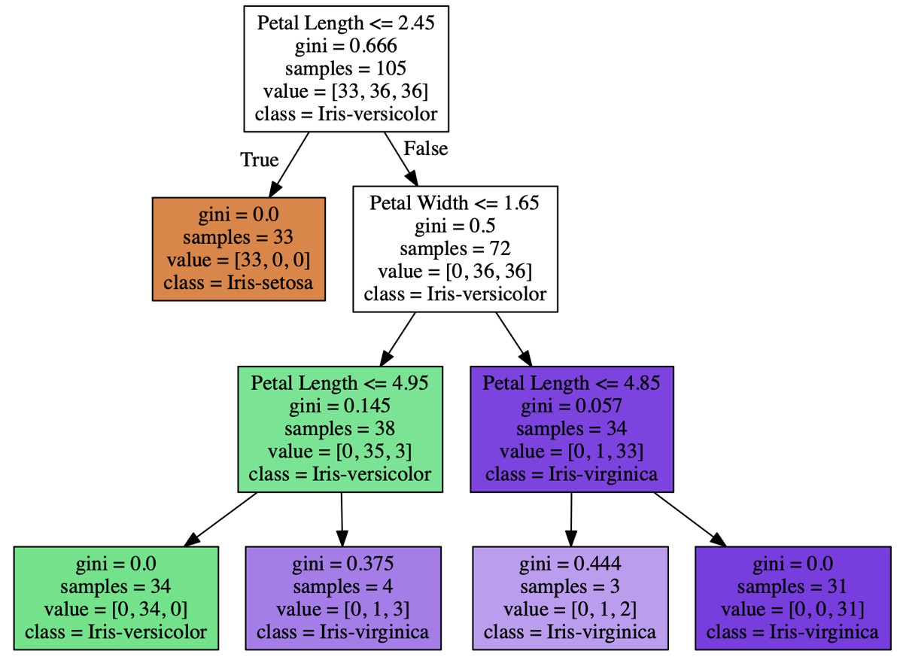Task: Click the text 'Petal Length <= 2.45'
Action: (345, 22)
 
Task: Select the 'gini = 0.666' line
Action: (345, 45)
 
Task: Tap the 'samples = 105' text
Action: (345, 68)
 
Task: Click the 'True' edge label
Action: (259, 160)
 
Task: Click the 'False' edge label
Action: (425, 148)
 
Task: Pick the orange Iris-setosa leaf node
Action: (239, 249)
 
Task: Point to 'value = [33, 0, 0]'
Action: (239, 260)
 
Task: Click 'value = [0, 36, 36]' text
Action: (455, 271)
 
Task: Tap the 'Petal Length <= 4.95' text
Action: (339, 382)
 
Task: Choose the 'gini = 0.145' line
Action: (339, 406)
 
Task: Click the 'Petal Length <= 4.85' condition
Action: (571, 382)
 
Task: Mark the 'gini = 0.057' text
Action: (571, 406)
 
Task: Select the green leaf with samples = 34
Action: (116, 598)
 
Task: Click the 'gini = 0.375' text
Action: (343, 563)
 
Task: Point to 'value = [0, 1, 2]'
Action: (570, 609)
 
